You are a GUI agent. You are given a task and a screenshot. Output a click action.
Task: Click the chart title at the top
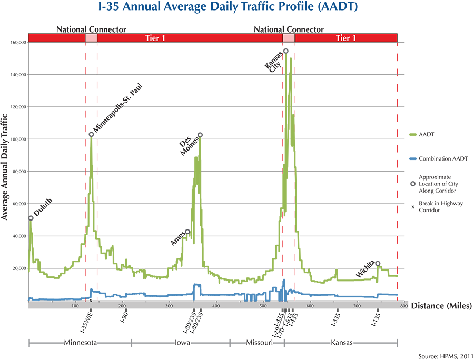tap(236, 9)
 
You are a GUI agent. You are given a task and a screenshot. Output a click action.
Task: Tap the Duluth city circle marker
tap(31, 218)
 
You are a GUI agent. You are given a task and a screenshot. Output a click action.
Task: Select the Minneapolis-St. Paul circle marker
tap(91, 134)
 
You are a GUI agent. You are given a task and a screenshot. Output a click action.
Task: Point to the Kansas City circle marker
tap(286, 51)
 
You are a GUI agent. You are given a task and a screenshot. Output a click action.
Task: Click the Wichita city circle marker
tap(378, 263)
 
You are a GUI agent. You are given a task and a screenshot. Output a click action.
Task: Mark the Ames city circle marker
tap(187, 232)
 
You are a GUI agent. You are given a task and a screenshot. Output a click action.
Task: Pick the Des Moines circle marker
tap(200, 135)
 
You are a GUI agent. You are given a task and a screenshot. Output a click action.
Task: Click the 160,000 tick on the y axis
tap(18, 42)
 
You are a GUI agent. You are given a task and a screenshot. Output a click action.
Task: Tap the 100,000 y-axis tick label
tap(18, 139)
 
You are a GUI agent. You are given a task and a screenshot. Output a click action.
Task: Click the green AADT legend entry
tap(427, 134)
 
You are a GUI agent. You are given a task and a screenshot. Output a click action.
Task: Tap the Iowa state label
tap(181, 343)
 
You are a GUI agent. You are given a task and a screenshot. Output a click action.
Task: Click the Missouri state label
tap(258, 343)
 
